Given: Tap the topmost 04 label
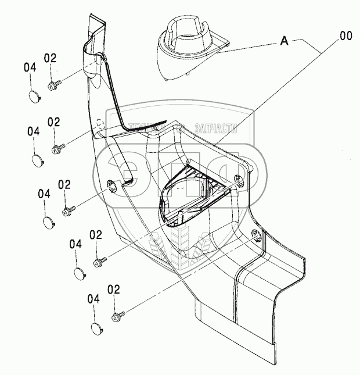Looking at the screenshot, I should point(30,68).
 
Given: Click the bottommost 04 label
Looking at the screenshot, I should point(94,299).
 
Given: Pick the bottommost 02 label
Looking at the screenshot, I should point(114,289).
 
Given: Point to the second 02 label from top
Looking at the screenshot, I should point(54,122).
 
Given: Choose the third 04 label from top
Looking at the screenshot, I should point(44,194).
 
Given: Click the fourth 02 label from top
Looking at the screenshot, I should point(96,234).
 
